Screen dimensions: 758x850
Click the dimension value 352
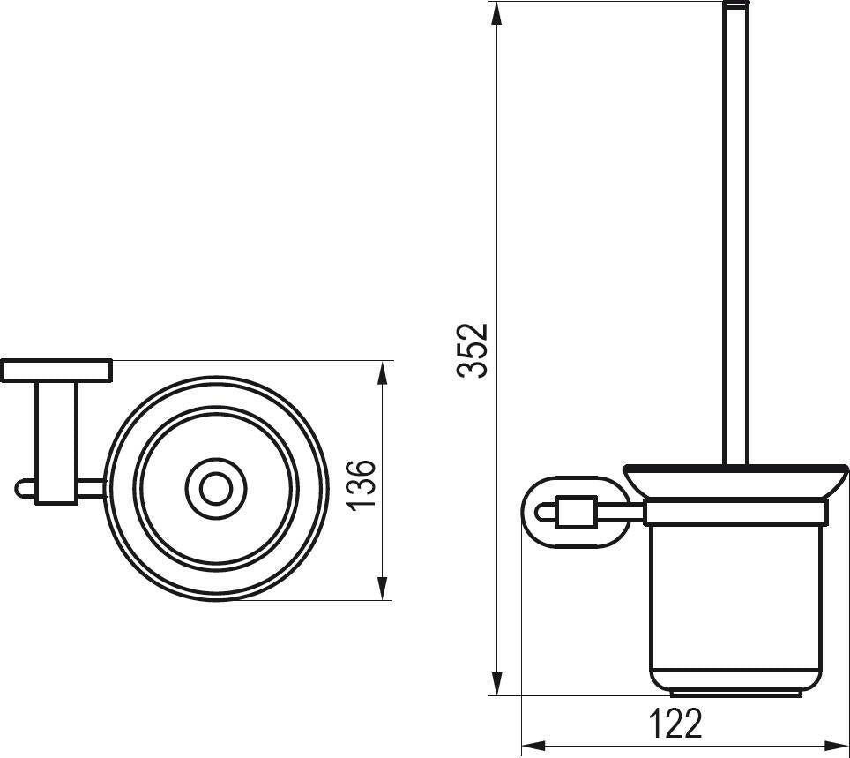473,350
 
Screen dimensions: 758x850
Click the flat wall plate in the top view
56,371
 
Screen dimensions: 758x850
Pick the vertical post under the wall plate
57,441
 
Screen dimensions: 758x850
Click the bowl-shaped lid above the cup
735,481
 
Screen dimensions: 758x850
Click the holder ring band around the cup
735,513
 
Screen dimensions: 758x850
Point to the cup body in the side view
735,600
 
